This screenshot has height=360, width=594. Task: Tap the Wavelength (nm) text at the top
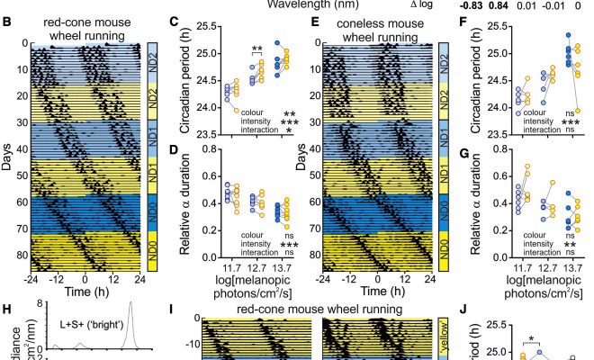click(x=307, y=4)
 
